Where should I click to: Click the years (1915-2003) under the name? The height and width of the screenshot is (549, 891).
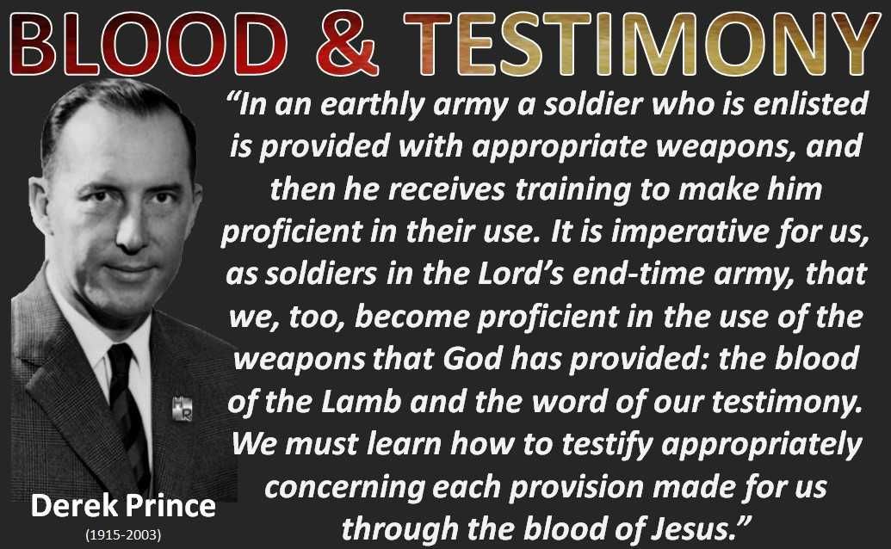(123, 535)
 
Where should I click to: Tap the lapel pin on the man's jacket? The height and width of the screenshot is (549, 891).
(182, 410)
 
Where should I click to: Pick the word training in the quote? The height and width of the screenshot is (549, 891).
(572, 190)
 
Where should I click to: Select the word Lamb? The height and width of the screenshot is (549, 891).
(362, 401)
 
